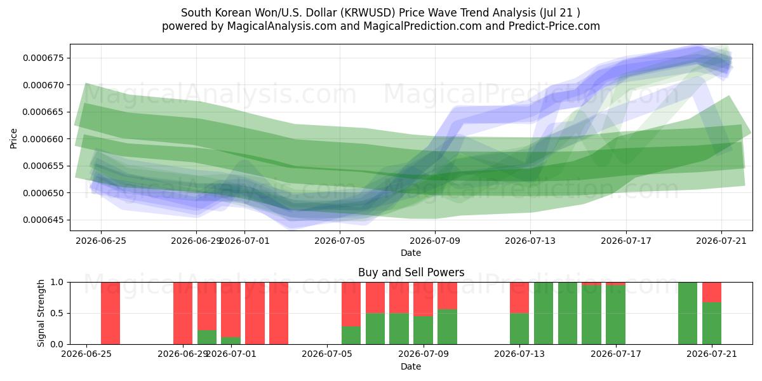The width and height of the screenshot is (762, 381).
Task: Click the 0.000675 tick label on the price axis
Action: tap(43, 58)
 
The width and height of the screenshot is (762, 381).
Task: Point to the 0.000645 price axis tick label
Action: tap(43, 220)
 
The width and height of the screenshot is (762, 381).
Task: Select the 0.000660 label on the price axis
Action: tap(43, 139)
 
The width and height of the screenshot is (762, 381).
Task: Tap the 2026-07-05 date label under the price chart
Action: tap(340, 241)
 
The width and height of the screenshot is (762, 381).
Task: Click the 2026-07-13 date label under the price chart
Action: tap(530, 241)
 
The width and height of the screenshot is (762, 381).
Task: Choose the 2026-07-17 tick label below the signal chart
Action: tap(616, 354)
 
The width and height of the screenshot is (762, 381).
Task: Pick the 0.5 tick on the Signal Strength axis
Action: tap(57, 313)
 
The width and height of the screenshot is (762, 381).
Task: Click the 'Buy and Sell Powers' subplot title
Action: tap(411, 272)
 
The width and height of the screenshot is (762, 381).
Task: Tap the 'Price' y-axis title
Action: tap(13, 138)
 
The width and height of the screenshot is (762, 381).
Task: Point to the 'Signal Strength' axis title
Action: tap(41, 313)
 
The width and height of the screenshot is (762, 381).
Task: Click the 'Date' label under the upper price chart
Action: tap(411, 253)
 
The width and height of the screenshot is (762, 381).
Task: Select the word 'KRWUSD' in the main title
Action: tap(368, 13)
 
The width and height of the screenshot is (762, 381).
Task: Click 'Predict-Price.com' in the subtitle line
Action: tap(554, 26)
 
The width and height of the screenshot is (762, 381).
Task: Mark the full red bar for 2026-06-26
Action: tap(110, 313)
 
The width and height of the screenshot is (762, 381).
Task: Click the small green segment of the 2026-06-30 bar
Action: tap(207, 337)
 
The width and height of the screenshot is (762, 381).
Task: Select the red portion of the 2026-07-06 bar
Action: tap(351, 304)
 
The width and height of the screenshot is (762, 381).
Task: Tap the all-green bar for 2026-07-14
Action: tap(544, 313)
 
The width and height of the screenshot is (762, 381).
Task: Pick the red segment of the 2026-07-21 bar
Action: tap(712, 292)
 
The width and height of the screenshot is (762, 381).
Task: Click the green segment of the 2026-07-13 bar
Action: tap(519, 329)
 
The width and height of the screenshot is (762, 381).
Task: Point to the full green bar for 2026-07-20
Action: tap(688, 313)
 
